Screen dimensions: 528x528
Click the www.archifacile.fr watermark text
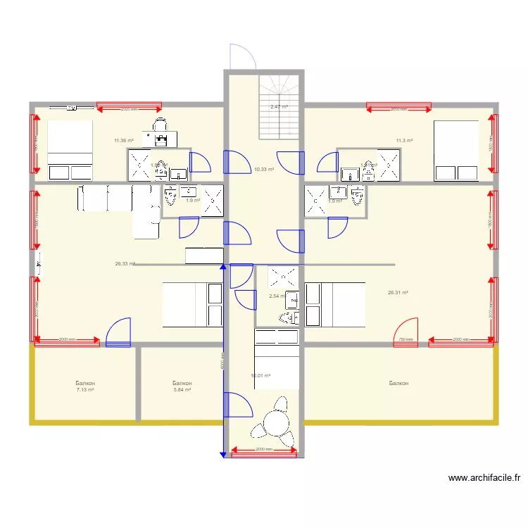click(x=484, y=478)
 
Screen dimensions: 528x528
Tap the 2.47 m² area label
click(x=279, y=107)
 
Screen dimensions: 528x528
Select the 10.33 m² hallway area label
click(x=264, y=169)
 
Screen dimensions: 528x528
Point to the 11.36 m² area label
click(x=124, y=140)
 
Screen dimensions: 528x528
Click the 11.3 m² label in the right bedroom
click(x=404, y=140)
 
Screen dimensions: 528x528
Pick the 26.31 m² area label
click(x=398, y=293)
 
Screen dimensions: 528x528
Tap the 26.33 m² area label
click(x=125, y=264)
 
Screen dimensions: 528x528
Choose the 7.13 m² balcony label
click(x=85, y=389)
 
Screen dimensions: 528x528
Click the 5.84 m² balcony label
click(x=182, y=389)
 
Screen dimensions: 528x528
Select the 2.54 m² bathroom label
click(x=277, y=296)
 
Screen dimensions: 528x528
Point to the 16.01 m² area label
click(x=261, y=376)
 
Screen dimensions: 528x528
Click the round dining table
click(x=275, y=425)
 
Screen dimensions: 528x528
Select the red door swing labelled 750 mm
click(x=406, y=332)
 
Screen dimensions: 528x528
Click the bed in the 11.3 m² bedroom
click(x=455, y=151)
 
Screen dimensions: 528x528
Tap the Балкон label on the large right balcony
click(x=398, y=384)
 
